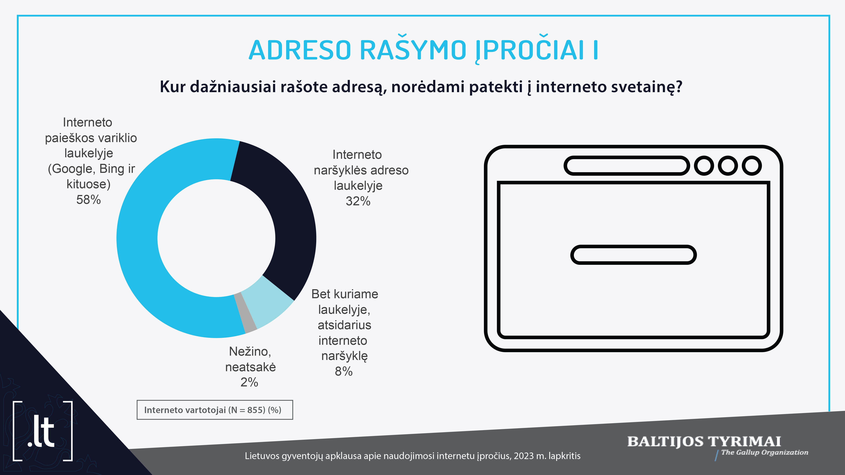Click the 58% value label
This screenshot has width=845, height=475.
[89, 200]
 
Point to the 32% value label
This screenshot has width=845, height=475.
[358, 201]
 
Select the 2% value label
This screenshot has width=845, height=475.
[249, 382]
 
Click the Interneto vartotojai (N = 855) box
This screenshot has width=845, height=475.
[215, 410]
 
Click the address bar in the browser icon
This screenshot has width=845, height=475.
[627, 166]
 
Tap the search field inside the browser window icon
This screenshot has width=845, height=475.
[633, 255]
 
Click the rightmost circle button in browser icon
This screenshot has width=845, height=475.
[752, 166]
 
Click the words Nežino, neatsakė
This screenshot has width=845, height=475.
[250, 359]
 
